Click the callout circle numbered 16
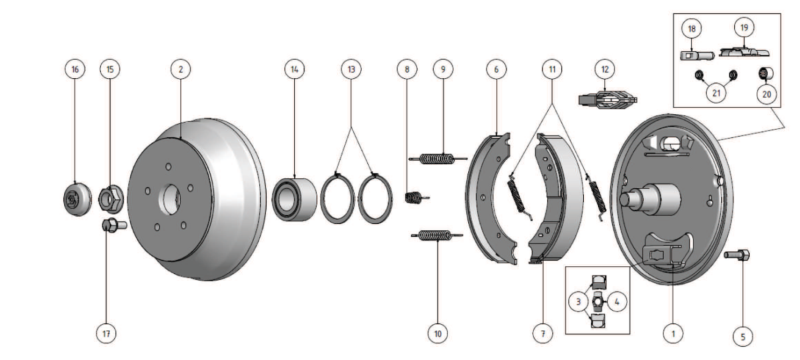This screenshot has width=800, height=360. [x=75, y=69]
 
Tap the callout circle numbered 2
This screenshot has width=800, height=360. [x=181, y=69]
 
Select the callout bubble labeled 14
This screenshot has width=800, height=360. [x=295, y=69]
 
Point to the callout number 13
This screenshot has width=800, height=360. [x=351, y=69]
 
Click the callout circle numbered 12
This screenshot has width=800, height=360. [x=605, y=69]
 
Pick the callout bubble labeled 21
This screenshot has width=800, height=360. [x=717, y=93]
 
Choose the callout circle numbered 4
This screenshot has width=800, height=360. [x=617, y=302]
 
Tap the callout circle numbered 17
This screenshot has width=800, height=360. [x=107, y=333]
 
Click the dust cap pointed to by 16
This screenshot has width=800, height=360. [x=77, y=199]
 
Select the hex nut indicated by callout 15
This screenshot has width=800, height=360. [x=111, y=199]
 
